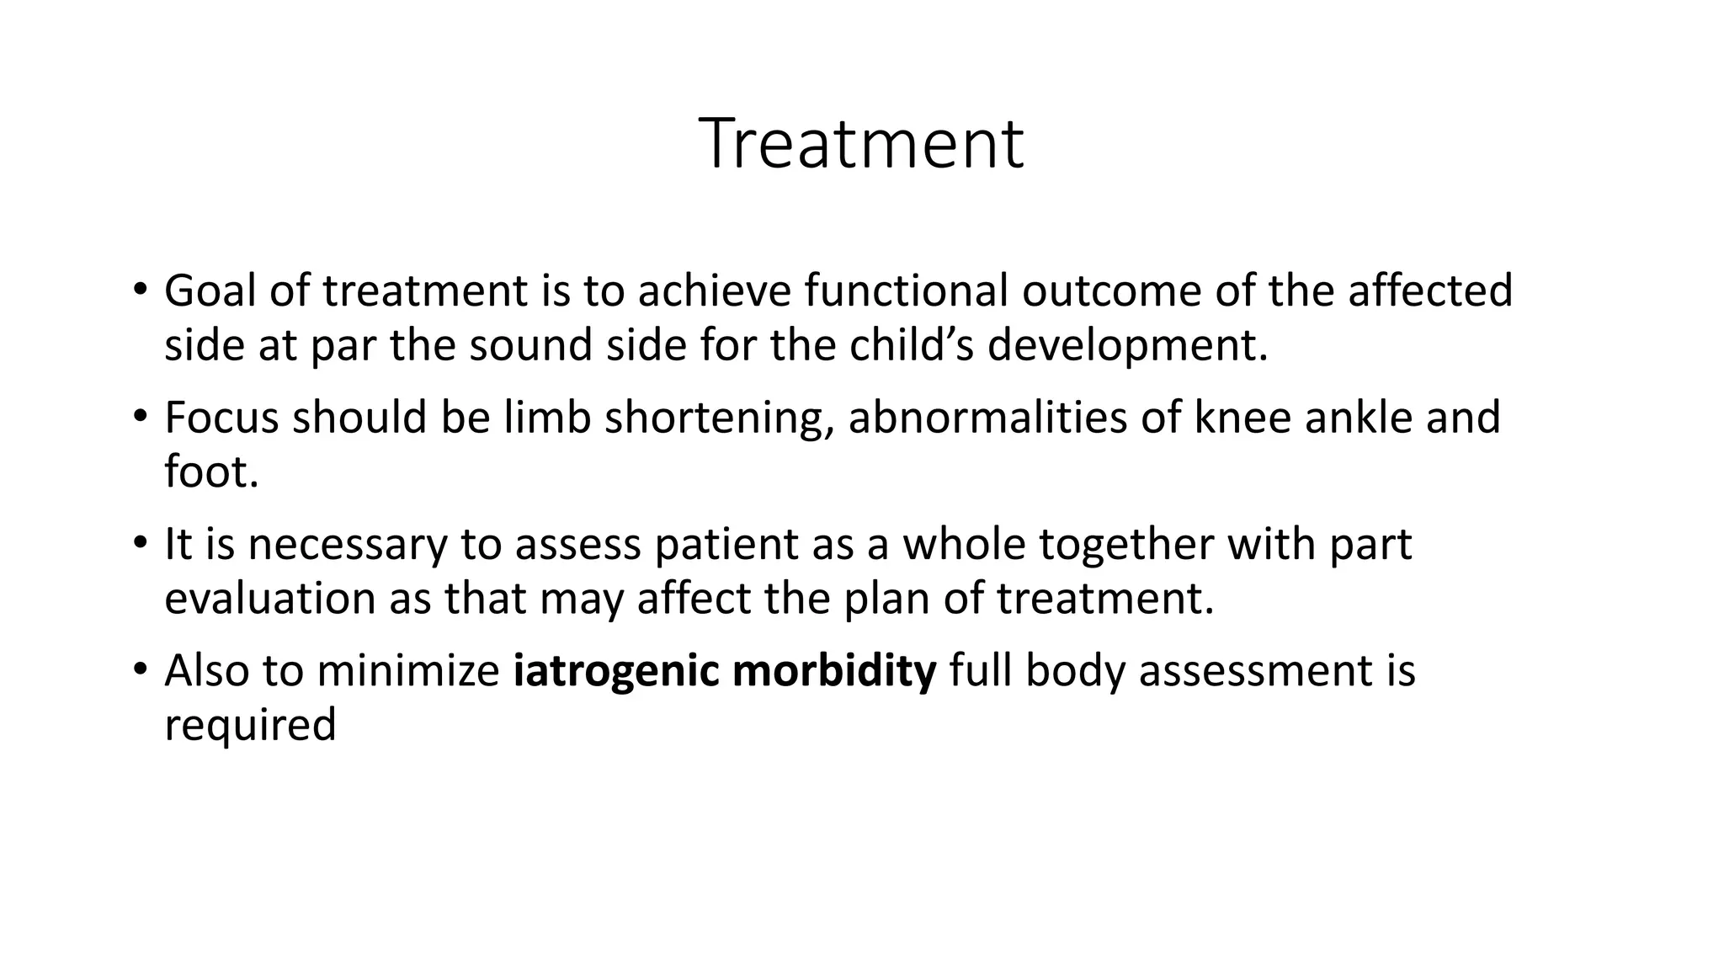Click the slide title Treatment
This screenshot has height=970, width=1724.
pyautogui.click(x=861, y=145)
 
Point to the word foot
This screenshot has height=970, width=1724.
pyautogui.click(x=210, y=472)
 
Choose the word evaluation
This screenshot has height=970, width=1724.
pyautogui.click(x=269, y=599)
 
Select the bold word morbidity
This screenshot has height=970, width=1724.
pyautogui.click(x=834, y=671)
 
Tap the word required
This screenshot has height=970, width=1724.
pyautogui.click(x=250, y=726)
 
